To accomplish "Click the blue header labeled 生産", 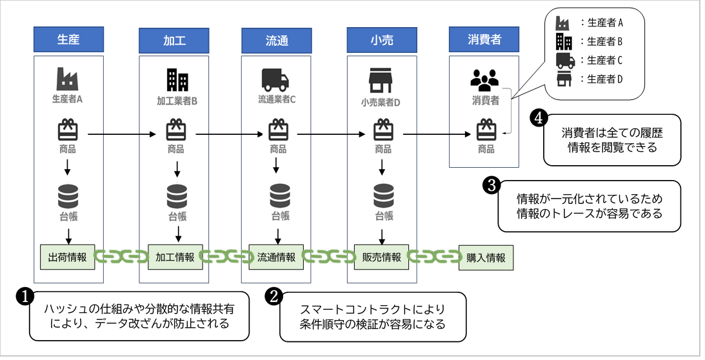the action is click(68, 39).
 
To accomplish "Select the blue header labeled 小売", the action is click(382, 41).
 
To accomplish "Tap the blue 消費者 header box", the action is click(484, 39).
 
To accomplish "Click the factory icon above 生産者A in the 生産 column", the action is click(68, 79).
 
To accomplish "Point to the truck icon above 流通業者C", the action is click(275, 79).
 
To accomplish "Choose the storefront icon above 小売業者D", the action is click(381, 81).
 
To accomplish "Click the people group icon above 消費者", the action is click(484, 80).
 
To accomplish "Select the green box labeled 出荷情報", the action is click(68, 257).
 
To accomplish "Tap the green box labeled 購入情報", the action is click(486, 258).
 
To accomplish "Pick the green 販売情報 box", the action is click(381, 257).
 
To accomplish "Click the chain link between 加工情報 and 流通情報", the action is click(226, 257).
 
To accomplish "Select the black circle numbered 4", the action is click(539, 119).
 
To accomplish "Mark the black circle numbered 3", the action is click(490, 186).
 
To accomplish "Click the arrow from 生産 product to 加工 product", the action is click(122, 134).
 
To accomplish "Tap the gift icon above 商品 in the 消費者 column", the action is click(486, 130).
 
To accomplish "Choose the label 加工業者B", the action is click(177, 101).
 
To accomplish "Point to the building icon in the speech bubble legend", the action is click(564, 41).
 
